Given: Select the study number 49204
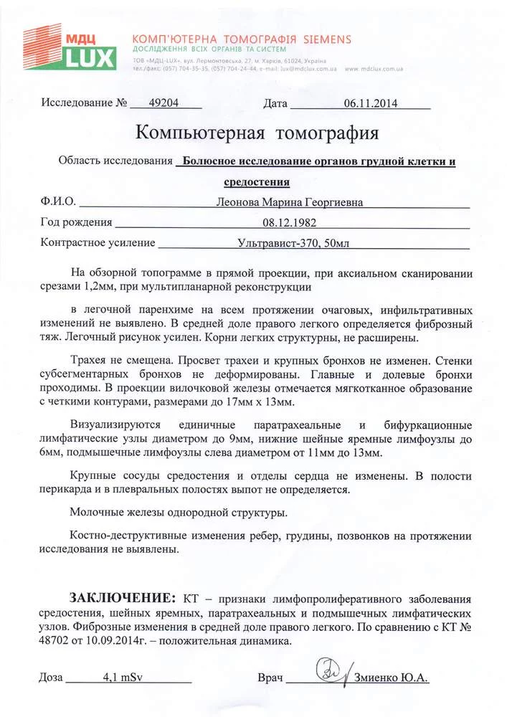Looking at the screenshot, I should pyautogui.click(x=163, y=103).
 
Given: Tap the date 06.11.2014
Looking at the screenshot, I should pyautogui.click(x=370, y=103).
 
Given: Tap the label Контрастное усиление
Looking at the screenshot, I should pyautogui.click(x=98, y=243).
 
